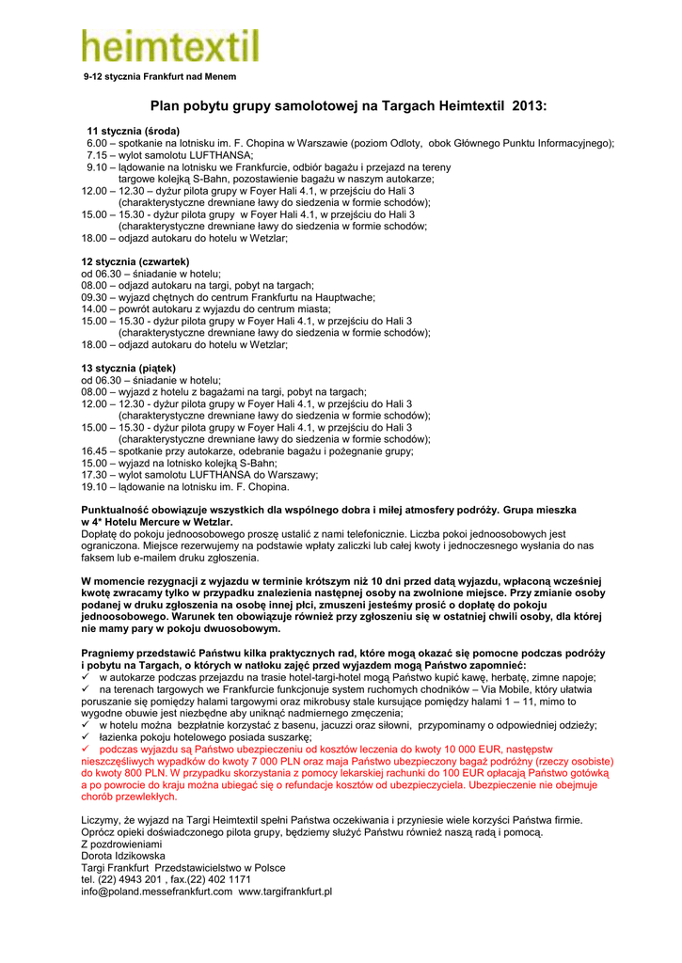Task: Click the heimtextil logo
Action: (169, 44)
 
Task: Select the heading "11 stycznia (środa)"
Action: (134, 131)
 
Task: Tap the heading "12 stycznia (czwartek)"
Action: (135, 260)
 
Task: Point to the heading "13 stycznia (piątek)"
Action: (129, 368)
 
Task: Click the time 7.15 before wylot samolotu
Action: (97, 154)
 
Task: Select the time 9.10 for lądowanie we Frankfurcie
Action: (97, 166)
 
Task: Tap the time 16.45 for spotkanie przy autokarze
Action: (96, 451)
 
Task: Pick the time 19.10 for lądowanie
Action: (96, 487)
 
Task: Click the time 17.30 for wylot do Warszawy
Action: (96, 475)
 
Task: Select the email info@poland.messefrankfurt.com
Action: (157, 891)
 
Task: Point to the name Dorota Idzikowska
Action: (124, 855)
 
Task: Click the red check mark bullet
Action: (87, 750)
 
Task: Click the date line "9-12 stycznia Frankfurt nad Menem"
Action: (160, 76)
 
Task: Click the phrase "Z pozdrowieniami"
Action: (122, 844)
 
